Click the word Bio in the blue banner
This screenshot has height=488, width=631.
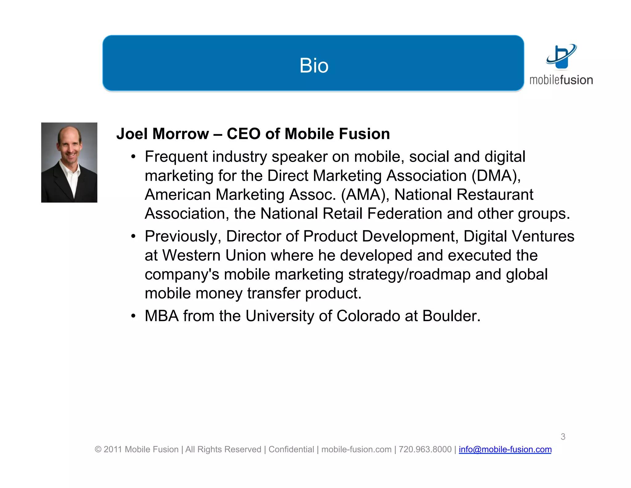(x=314, y=65)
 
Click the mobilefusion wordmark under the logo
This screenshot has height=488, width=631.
(x=561, y=80)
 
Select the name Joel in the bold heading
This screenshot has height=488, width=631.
(x=132, y=134)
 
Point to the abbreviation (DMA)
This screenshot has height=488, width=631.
(x=496, y=176)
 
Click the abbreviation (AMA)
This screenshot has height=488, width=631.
(x=365, y=195)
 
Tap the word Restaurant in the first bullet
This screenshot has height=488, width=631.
(x=495, y=195)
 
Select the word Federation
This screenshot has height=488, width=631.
(x=405, y=214)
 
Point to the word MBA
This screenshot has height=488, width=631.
(x=161, y=316)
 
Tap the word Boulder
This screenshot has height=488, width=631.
(x=451, y=316)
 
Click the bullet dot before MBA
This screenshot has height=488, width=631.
(x=133, y=316)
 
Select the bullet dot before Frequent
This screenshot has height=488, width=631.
(x=133, y=157)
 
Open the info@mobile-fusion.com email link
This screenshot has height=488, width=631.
(x=505, y=449)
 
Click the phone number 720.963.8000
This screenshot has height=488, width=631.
(x=425, y=449)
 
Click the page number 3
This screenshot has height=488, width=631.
(x=563, y=436)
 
